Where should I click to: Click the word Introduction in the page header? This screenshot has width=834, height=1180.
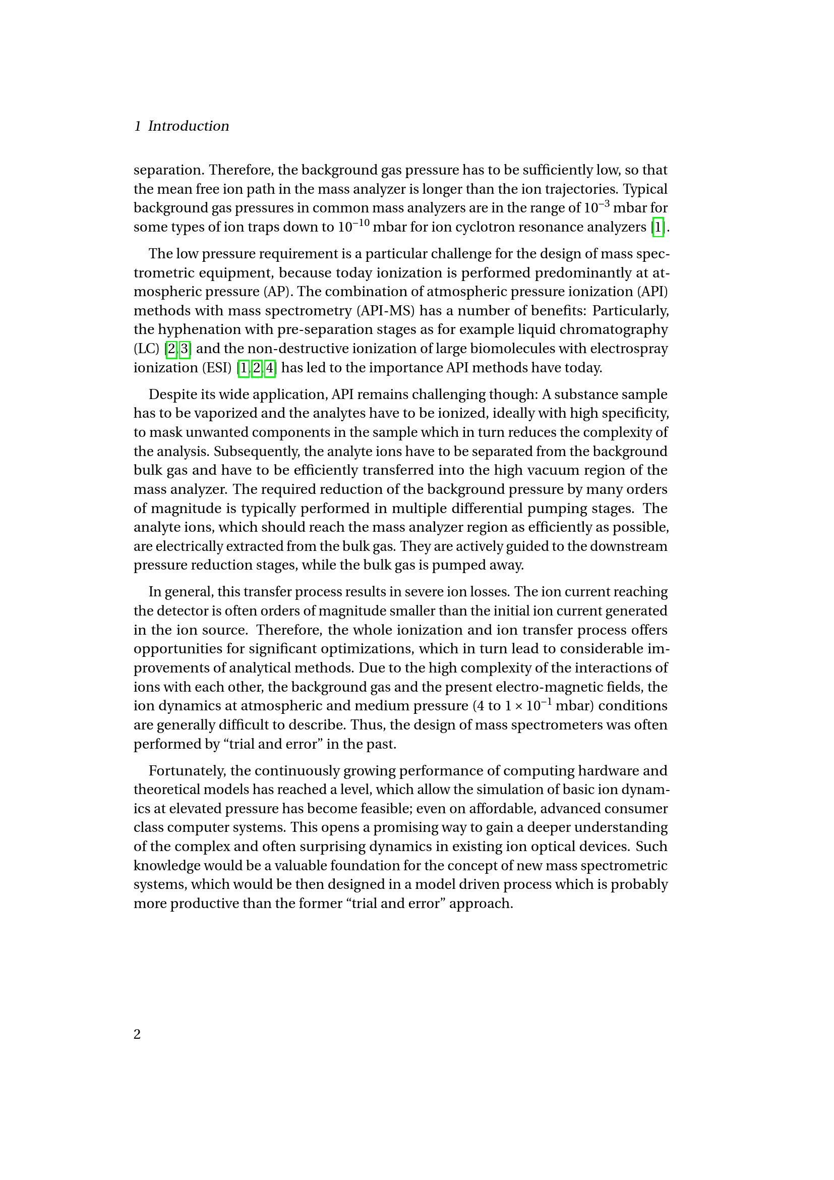pos(189,126)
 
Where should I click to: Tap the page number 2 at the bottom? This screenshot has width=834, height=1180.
pos(137,1034)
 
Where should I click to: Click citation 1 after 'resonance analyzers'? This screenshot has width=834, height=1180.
pos(658,227)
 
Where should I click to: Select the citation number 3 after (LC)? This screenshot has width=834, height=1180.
pos(185,349)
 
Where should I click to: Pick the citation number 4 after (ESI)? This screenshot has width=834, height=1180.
pos(270,368)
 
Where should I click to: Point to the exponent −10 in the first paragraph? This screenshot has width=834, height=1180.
pos(361,222)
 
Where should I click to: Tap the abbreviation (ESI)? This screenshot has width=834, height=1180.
pos(217,368)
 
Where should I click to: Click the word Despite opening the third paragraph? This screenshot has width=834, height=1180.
pos(169,395)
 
